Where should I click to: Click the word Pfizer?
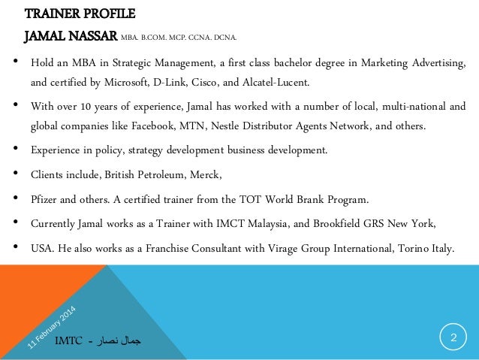[43, 200]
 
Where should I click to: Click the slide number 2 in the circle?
[453, 337]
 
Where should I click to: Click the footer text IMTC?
[68, 342]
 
